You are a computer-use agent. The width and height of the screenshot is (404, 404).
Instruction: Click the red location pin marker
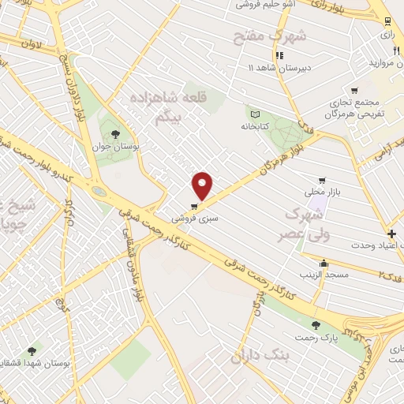[x=204, y=185]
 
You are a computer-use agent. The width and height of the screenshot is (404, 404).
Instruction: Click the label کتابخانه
[x=256, y=125]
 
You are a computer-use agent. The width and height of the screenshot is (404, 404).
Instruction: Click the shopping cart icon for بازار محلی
[x=320, y=180]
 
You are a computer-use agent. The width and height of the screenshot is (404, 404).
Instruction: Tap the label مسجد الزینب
[x=324, y=275]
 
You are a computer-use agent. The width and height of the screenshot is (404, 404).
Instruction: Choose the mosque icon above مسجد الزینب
[x=324, y=264]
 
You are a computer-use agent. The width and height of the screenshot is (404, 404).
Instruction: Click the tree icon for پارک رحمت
[x=316, y=325]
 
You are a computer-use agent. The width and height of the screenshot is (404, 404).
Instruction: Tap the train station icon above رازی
[x=387, y=21]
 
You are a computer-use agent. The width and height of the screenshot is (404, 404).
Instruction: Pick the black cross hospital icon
[x=392, y=234]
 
